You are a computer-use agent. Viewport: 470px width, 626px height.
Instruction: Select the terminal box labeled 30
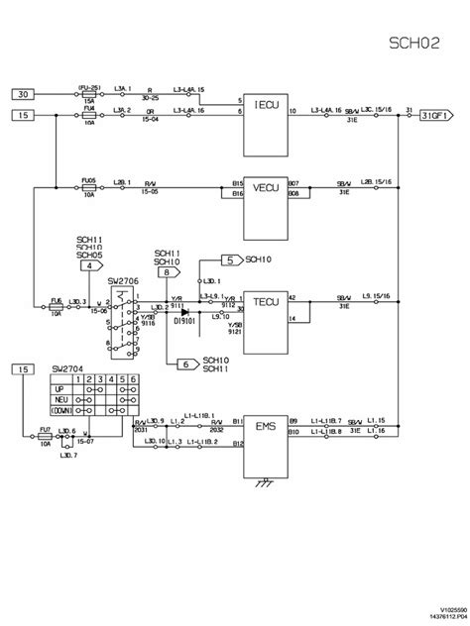[23, 94]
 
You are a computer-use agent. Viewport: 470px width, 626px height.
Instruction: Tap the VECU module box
[265, 188]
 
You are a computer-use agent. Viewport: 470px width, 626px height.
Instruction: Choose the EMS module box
[265, 428]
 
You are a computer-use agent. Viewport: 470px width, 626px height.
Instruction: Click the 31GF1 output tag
[437, 115]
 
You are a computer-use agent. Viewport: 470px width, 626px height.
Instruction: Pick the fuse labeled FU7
[45, 433]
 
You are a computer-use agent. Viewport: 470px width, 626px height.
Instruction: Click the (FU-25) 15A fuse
[89, 94]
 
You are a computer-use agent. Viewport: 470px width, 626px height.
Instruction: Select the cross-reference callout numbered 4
[90, 265]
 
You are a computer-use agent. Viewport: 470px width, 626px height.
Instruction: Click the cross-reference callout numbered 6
[184, 365]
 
